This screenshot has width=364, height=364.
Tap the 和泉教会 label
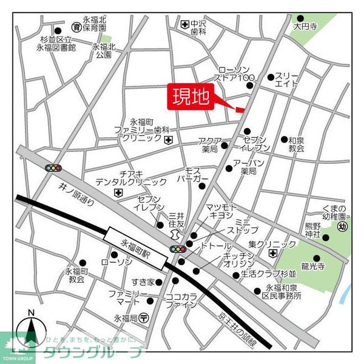[x=295, y=144]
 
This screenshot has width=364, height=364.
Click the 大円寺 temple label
[x=304, y=27]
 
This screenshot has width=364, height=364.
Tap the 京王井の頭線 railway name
[x=238, y=325]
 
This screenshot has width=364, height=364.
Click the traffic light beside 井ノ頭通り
[x=53, y=167]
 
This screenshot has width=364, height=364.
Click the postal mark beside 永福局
[x=144, y=317]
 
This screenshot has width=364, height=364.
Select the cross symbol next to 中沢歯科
[x=184, y=24]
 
